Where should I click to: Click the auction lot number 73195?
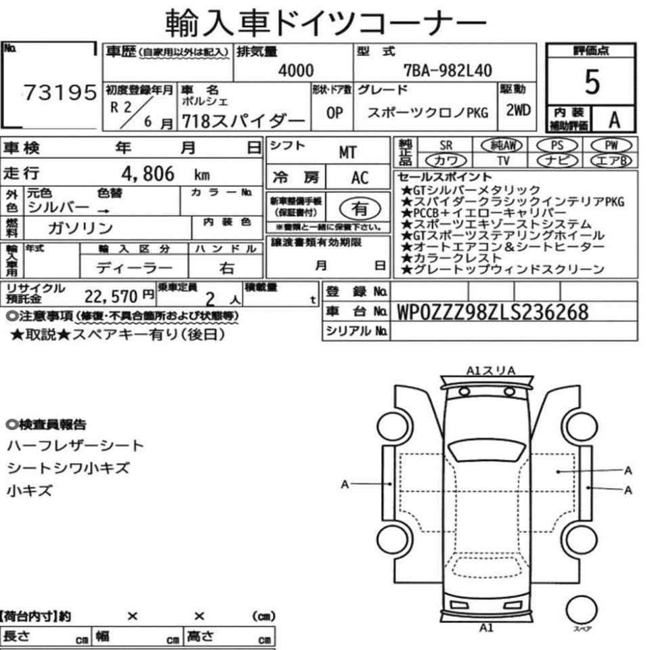pyautogui.click(x=60, y=93)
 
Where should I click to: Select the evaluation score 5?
pyautogui.click(x=592, y=82)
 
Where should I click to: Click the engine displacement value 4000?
pyautogui.click(x=296, y=70)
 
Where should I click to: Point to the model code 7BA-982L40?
pyautogui.click(x=448, y=71)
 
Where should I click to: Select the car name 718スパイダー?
pyautogui.click(x=244, y=121)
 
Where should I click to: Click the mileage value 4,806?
pyautogui.click(x=148, y=174)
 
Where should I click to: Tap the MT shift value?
pyautogui.click(x=347, y=152)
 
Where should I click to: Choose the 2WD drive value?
pyautogui.click(x=518, y=110)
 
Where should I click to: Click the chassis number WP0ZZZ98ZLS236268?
pyautogui.click(x=492, y=312)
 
